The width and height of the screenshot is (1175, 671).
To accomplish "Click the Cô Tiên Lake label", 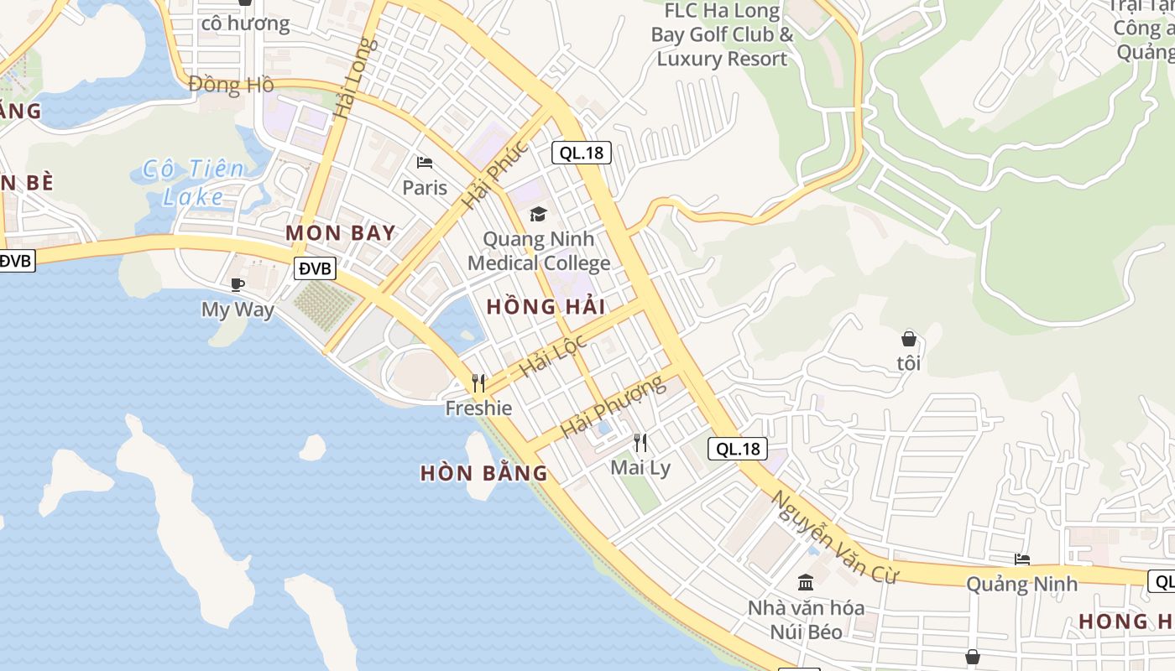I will [193, 182].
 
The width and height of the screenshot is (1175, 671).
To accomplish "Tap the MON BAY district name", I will [340, 232].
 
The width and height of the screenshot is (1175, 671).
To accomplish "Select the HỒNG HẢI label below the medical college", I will [546, 306].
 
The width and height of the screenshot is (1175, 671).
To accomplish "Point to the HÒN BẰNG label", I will [483, 473].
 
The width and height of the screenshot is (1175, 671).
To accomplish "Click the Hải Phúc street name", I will [495, 174].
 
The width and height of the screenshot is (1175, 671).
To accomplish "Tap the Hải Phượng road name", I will [612, 407].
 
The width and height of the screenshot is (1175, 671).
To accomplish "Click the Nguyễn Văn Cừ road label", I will [834, 537].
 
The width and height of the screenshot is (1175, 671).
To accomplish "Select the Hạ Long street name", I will [351, 79].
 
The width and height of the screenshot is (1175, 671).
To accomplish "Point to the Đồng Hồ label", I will [231, 85].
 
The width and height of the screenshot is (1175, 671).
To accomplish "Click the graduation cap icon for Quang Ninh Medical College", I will [538, 215].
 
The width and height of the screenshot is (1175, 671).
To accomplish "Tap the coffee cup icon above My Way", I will [238, 285].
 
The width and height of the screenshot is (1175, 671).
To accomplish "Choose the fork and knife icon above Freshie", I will [478, 383].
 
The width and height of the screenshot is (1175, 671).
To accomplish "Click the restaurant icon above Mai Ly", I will [640, 442].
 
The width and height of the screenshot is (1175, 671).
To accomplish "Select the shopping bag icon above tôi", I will [908, 339].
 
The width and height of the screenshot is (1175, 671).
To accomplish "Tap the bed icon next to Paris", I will [425, 162].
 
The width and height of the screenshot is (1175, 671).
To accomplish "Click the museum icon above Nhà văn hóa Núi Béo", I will [806, 582].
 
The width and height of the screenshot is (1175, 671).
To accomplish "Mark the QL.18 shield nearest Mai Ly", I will [738, 449].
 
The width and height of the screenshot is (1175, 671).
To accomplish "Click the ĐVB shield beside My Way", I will [316, 268].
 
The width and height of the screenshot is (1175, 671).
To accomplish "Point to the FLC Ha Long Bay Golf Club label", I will [722, 35].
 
